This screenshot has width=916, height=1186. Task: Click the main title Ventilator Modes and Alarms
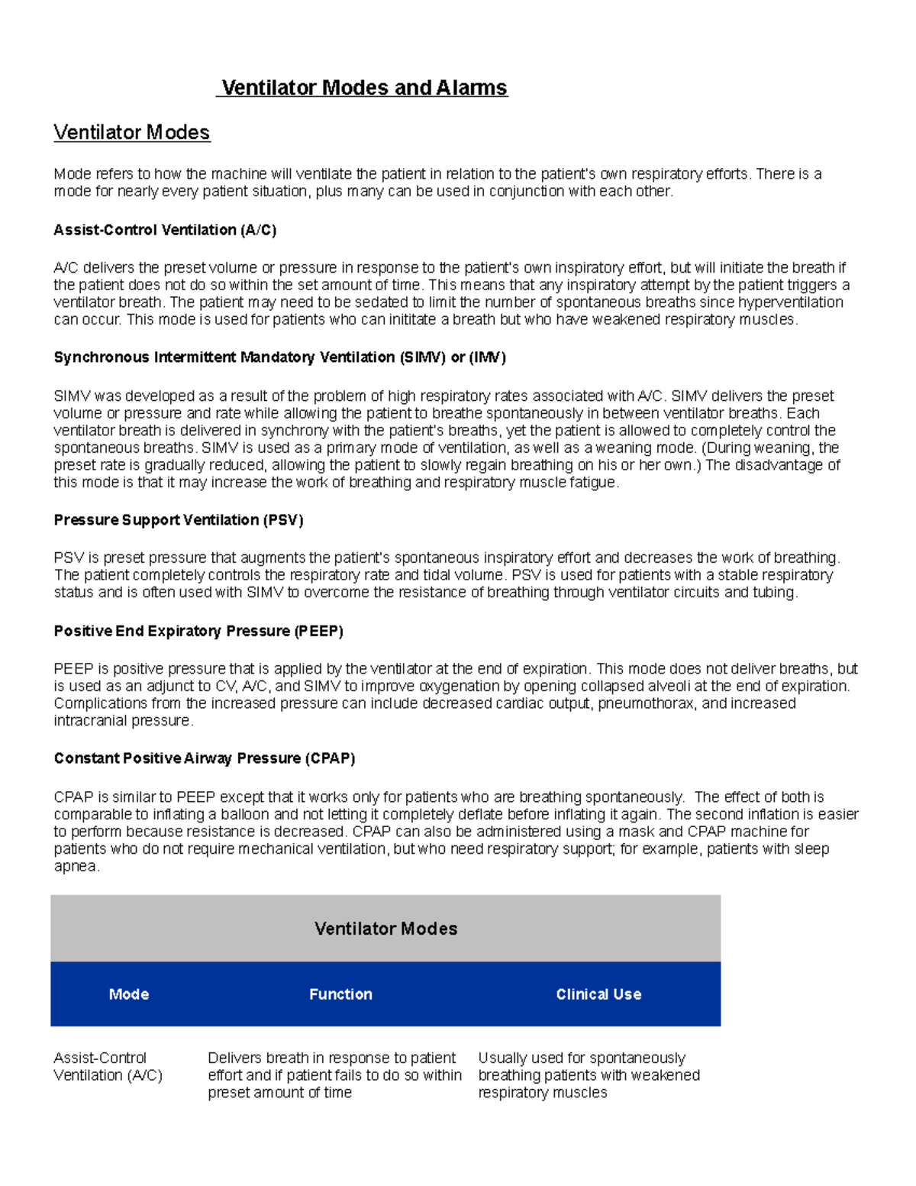coord(364,88)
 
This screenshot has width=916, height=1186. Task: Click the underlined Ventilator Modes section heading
coord(131,132)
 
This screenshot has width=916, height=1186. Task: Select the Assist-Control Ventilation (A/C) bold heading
coord(165,230)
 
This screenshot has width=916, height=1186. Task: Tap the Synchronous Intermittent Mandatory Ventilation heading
coord(279,357)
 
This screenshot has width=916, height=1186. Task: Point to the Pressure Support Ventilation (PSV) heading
coord(179,520)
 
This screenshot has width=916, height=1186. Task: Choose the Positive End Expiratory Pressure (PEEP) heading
coord(198,631)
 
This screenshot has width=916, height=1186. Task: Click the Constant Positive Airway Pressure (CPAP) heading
coord(205,758)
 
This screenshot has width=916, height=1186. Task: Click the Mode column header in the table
coord(129,994)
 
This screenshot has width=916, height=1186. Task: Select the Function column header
coord(340,994)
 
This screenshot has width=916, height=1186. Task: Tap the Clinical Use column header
coord(598,994)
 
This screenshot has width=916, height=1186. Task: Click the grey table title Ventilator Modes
coord(385,929)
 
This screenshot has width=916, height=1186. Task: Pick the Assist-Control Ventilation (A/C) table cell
coord(108,1066)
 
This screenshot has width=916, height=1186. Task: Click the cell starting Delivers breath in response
coord(334,1075)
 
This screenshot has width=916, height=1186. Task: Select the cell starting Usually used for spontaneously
coord(589,1075)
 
